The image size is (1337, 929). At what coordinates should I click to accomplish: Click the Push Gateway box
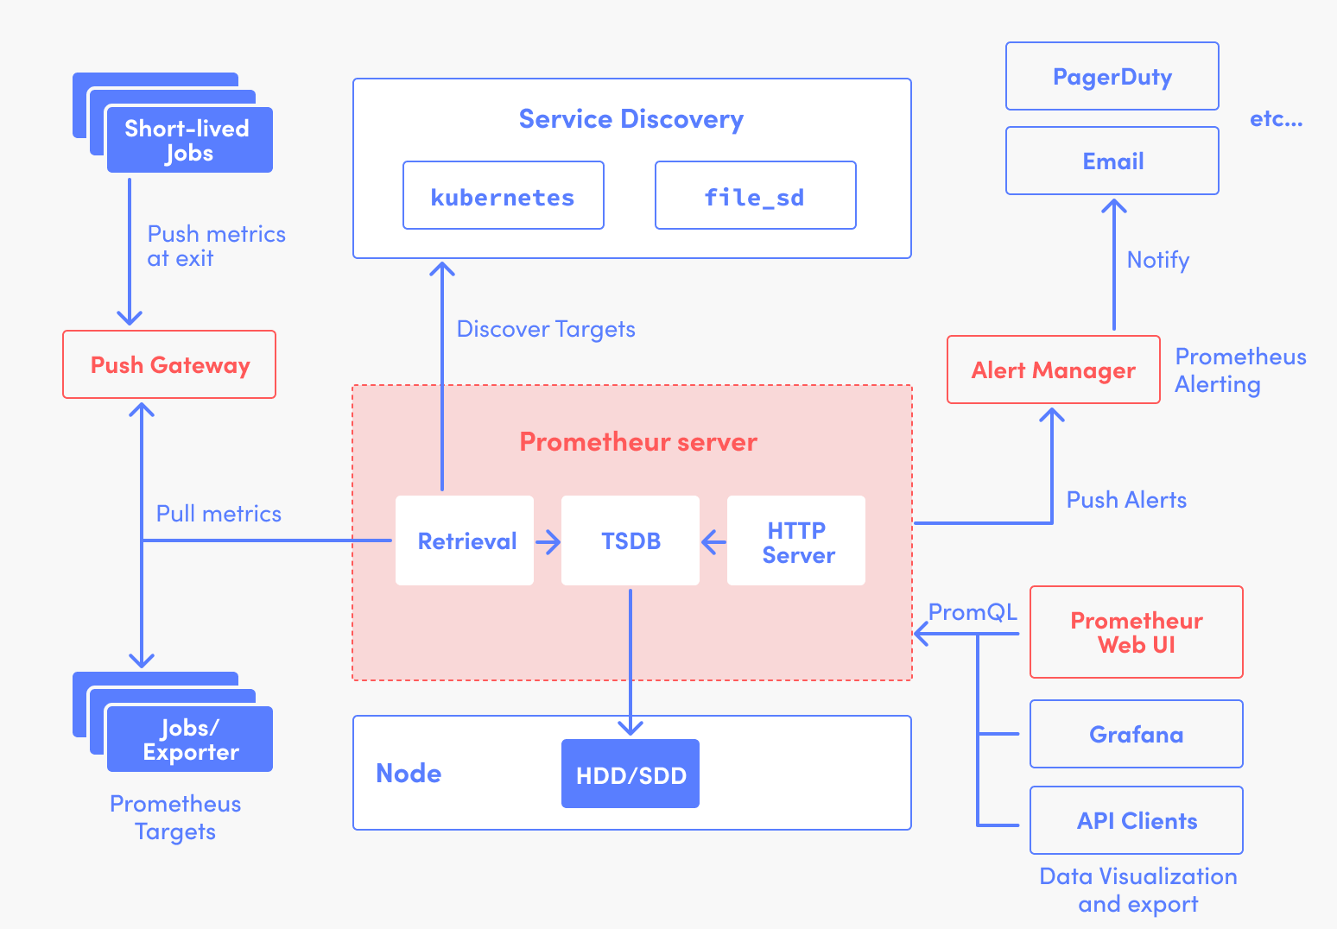(169, 364)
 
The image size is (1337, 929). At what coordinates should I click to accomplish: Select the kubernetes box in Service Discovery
(503, 196)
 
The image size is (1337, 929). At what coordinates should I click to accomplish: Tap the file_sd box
(755, 196)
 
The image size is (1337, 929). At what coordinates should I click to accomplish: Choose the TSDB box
(630, 541)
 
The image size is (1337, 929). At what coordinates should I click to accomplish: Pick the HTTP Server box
(796, 541)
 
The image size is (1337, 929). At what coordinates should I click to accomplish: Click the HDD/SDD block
(630, 774)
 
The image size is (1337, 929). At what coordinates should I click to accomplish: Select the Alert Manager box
(1053, 370)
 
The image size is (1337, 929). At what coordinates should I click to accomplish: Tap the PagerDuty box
(1112, 77)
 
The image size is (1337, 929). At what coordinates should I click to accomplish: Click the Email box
(1112, 161)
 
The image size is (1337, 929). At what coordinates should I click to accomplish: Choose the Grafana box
(1136, 735)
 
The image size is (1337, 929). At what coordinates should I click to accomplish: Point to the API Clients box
(1136, 821)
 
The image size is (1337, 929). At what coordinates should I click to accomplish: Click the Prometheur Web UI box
(1136, 633)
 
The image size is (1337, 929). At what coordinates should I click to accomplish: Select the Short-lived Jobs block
(189, 140)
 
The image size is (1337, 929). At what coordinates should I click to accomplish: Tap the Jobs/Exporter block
(189, 740)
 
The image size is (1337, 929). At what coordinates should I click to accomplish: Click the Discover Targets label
(546, 329)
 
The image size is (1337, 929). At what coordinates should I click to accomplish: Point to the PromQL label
(973, 612)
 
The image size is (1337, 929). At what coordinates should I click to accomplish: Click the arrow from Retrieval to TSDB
(548, 542)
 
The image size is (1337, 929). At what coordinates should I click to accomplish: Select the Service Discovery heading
(630, 119)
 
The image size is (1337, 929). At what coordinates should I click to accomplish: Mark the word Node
(409, 774)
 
